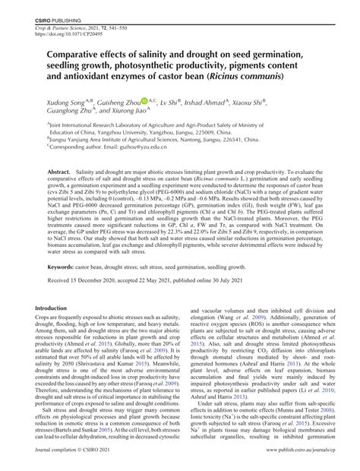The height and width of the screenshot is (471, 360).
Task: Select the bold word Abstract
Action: (59, 173)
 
